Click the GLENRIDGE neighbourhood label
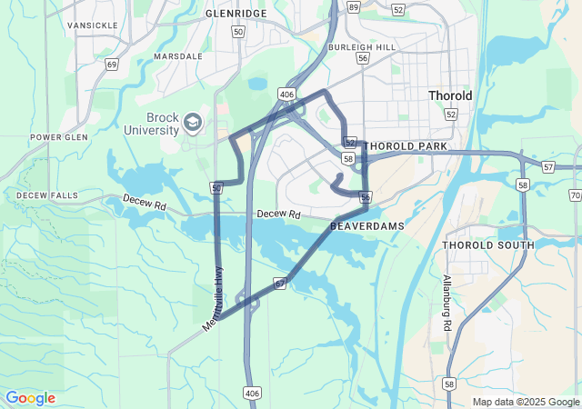click(x=236, y=15)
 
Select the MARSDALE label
click(x=178, y=56)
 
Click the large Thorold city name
click(x=450, y=95)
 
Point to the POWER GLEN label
click(x=58, y=138)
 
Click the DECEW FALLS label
click(x=47, y=195)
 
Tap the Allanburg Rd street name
click(x=447, y=303)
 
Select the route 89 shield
click(x=354, y=6)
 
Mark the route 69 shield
click(x=112, y=65)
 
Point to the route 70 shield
click(x=576, y=195)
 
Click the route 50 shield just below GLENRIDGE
click(x=238, y=32)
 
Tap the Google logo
click(x=30, y=398)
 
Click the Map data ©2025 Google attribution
click(x=526, y=402)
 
